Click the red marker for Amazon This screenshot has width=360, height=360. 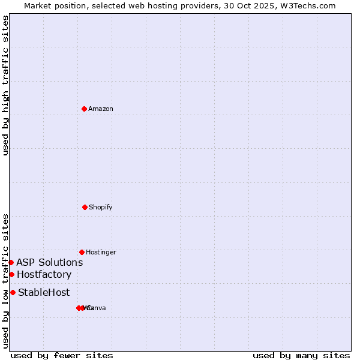point(84,109)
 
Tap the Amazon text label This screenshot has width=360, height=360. point(101,109)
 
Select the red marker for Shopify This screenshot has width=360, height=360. point(85,207)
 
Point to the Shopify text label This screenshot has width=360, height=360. point(101,207)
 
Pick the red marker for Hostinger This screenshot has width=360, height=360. point(82,252)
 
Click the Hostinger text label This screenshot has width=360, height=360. point(101,252)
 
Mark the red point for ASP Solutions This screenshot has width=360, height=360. point(11,262)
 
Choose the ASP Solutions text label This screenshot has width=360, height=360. point(50,262)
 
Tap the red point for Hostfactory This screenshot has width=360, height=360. point(11,274)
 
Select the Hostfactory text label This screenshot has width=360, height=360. point(44,275)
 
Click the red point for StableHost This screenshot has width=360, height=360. point(13,292)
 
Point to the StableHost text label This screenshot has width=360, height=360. point(44,293)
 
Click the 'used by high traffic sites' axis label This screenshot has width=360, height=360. point(6,86)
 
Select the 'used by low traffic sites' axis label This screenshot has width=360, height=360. point(6,281)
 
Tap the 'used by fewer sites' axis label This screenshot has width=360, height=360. point(62,355)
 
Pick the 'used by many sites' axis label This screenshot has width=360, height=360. point(301,355)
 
